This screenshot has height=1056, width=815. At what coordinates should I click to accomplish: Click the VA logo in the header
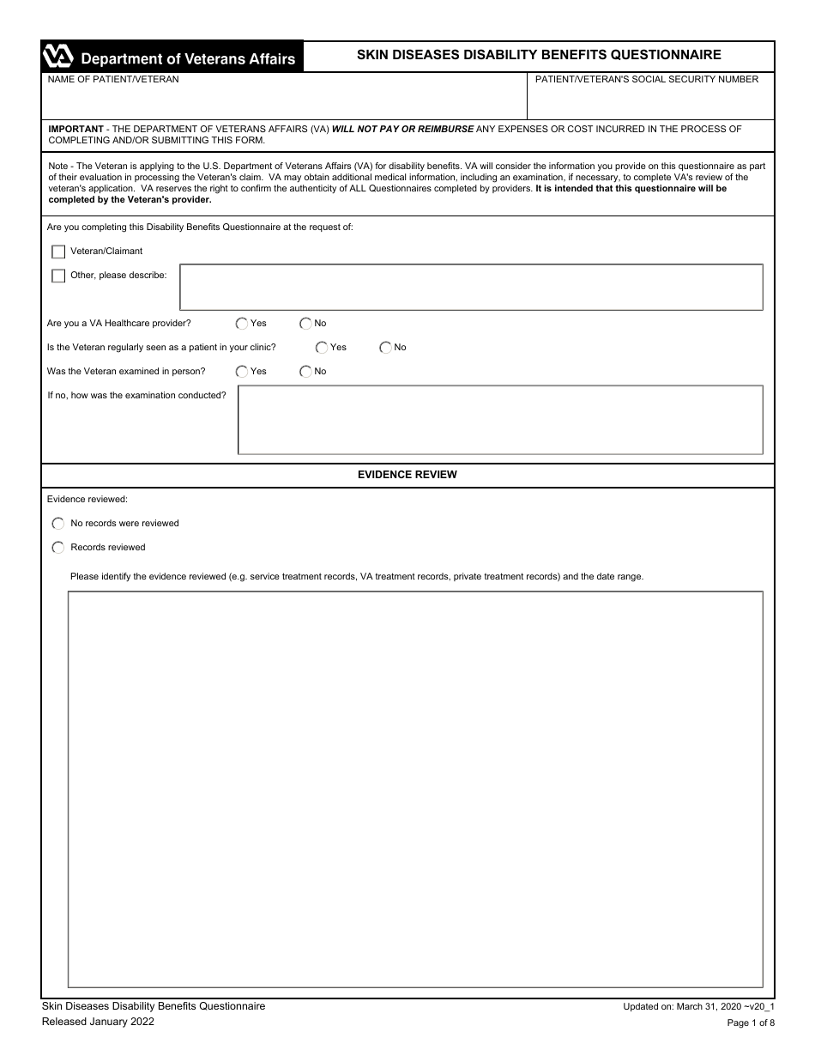point(58,58)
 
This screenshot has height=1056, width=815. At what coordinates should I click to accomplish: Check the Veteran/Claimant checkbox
point(58,252)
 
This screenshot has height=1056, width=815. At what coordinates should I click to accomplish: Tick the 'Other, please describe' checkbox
point(58,276)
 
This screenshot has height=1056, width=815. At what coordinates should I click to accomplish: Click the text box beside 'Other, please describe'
point(470,287)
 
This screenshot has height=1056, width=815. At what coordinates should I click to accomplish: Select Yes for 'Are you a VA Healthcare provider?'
point(242,324)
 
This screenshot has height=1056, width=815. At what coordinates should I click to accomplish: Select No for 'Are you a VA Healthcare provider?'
point(305,324)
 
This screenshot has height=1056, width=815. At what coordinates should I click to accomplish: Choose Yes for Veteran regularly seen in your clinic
point(322,348)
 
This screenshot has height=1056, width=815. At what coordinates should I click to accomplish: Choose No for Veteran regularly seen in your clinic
point(385,348)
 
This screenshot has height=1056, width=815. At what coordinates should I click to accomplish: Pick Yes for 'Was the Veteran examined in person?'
point(242,372)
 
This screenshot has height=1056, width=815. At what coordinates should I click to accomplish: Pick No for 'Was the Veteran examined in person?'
point(305,372)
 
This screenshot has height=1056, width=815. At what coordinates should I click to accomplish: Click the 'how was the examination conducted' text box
point(499,420)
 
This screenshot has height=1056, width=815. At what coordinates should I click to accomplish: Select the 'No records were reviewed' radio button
point(58,524)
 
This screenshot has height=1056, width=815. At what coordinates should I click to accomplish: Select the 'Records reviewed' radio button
point(58,548)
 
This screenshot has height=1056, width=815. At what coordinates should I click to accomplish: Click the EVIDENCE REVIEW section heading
point(407,475)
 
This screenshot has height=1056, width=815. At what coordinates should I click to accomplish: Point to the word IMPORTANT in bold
point(76,129)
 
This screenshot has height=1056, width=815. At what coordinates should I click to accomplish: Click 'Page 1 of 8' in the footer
point(750,1023)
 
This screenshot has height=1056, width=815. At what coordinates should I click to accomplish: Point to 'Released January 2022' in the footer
point(99,1022)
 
